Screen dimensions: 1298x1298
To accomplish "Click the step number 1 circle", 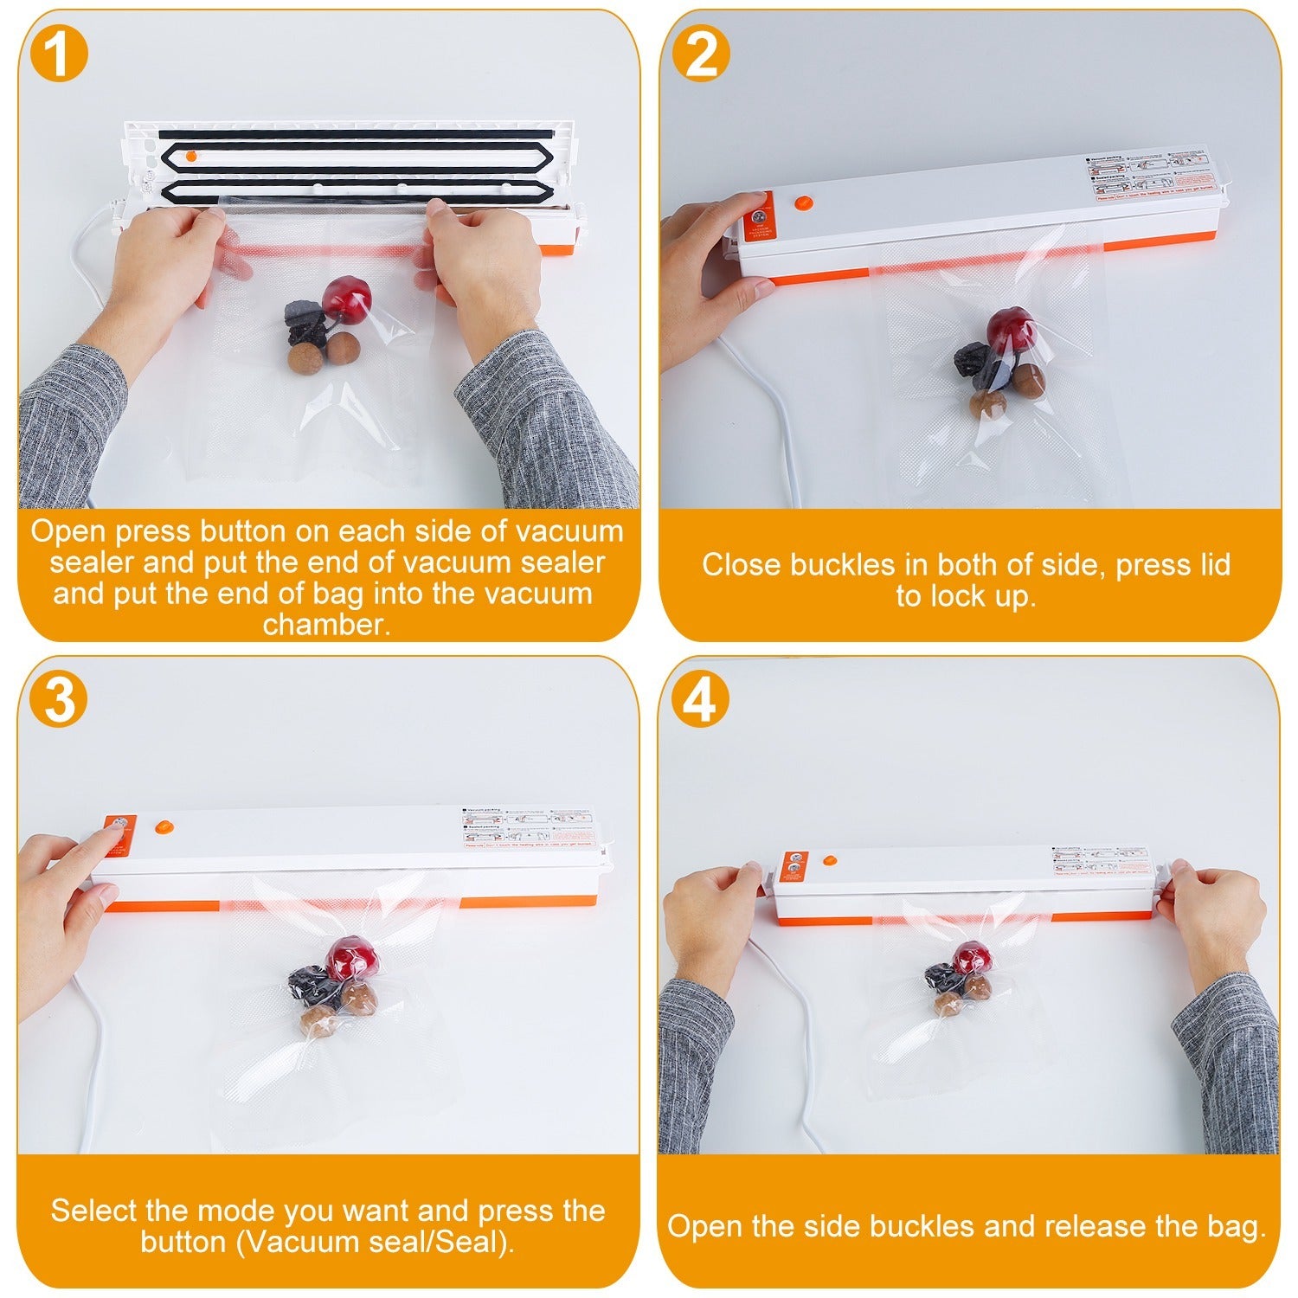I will pyautogui.click(x=59, y=54).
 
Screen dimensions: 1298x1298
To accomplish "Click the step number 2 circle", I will pyautogui.click(x=701, y=54).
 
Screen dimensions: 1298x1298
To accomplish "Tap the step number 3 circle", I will pyautogui.click(x=59, y=699).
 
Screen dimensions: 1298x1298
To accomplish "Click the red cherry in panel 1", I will pyautogui.click(x=346, y=297).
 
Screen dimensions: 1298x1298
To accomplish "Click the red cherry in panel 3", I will pyautogui.click(x=349, y=957).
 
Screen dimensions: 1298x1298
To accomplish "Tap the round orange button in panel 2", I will pyautogui.click(x=804, y=204).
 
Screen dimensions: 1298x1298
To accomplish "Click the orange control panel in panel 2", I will pyautogui.click(x=759, y=215).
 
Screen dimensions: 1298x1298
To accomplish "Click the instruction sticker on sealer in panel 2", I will pyautogui.click(x=1147, y=176).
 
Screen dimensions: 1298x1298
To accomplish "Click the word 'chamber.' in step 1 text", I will pyautogui.click(x=327, y=625).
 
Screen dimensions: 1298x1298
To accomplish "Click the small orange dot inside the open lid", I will pyautogui.click(x=192, y=155).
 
